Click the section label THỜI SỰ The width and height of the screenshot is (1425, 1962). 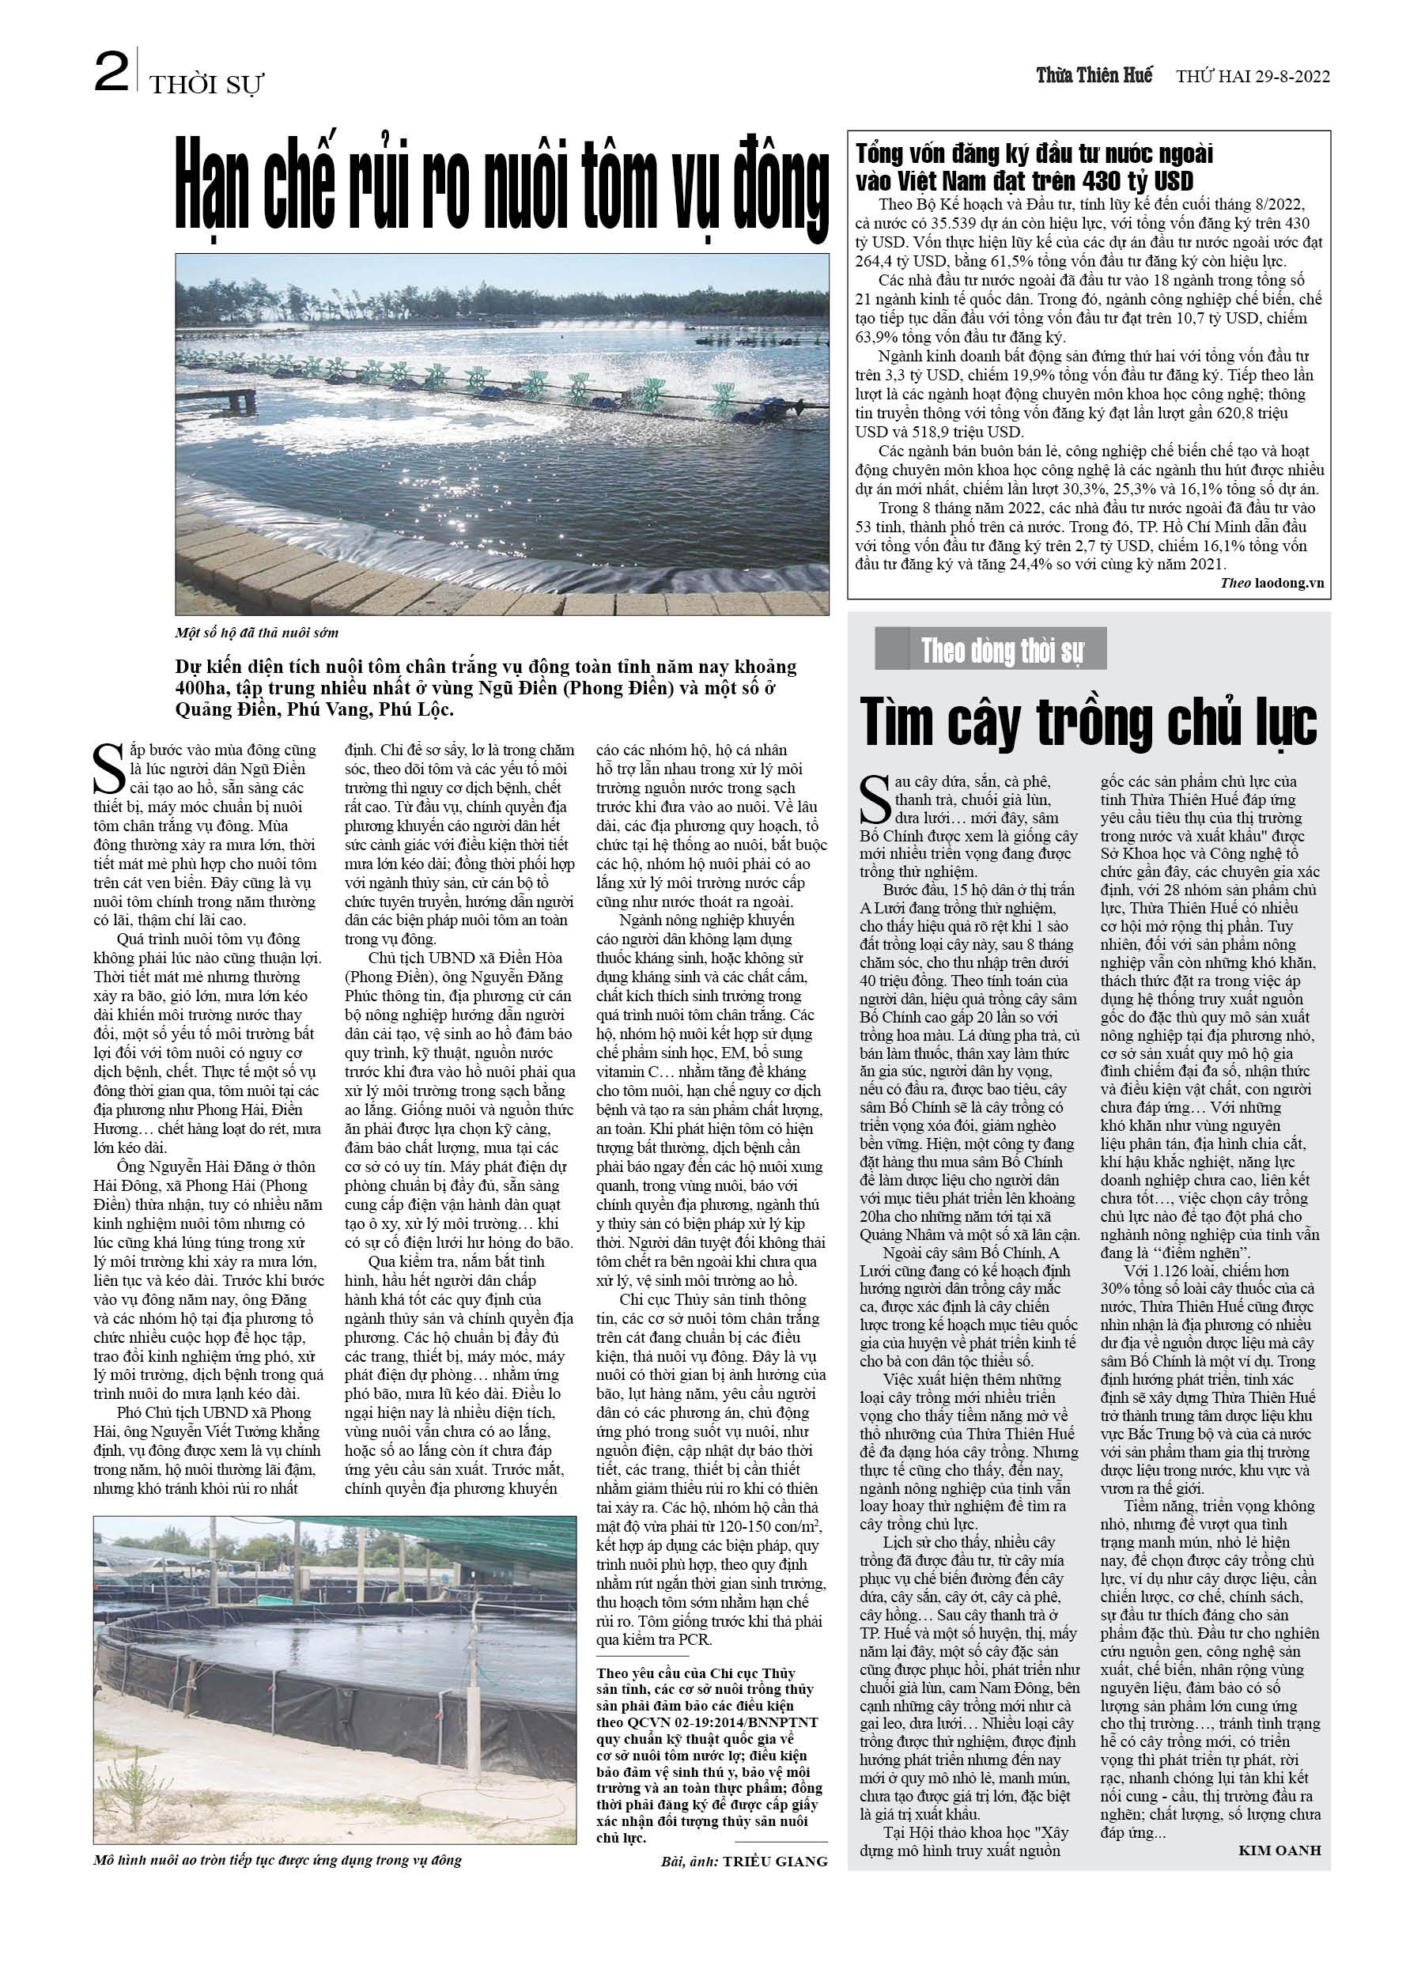click(206, 85)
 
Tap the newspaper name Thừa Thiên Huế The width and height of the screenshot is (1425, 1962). click(1094, 75)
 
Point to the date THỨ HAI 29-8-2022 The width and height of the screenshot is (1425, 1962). click(1253, 76)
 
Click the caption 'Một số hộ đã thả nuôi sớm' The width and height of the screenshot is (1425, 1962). click(256, 633)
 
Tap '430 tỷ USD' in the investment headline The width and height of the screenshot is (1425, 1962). click(1136, 181)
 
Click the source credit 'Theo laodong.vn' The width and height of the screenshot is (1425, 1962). click(1272, 583)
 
